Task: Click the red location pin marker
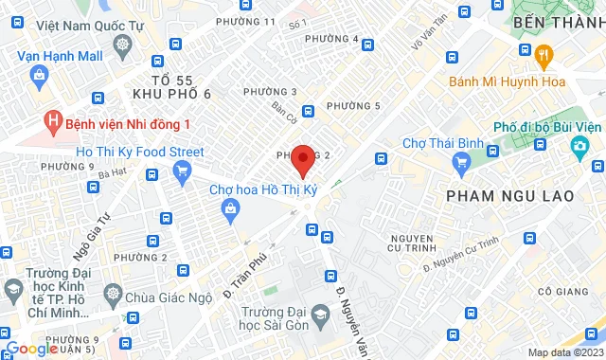[302, 159]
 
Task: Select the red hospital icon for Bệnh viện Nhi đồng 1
[54, 123]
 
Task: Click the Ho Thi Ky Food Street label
[140, 152]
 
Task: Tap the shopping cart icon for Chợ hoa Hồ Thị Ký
[228, 216]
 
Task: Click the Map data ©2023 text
[562, 352]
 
